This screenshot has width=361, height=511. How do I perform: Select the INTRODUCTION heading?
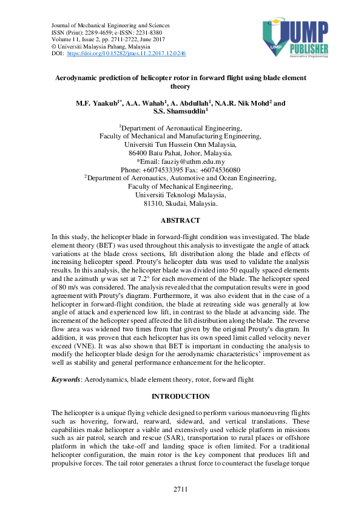(x=180, y=396)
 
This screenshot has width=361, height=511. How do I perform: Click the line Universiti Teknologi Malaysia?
(x=180, y=195)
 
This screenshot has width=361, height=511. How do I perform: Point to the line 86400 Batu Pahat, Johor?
(x=180, y=154)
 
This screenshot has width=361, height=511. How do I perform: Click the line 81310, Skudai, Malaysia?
(x=180, y=204)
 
